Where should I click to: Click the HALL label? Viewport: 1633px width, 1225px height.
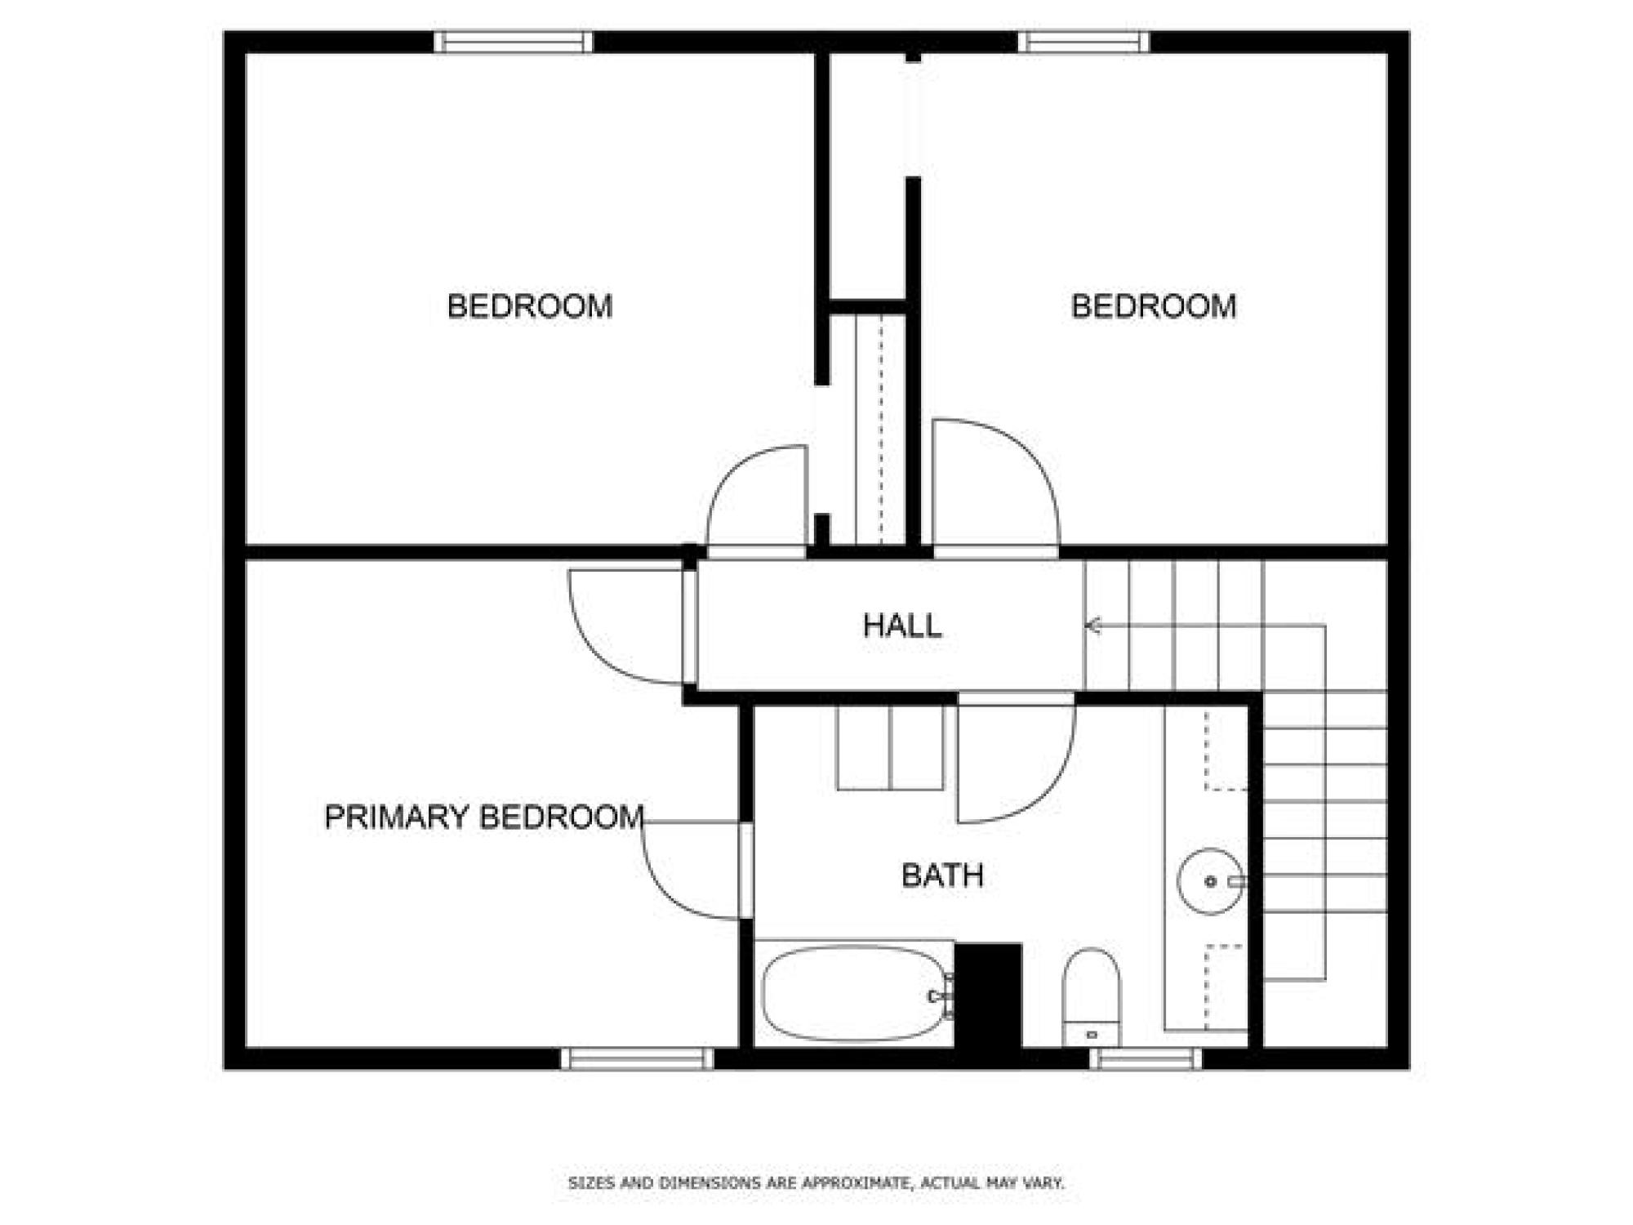(x=902, y=626)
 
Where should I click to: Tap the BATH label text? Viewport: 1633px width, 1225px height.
(x=942, y=875)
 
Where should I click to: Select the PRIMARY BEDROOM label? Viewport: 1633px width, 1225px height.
(x=484, y=817)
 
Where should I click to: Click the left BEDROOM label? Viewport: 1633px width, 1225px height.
(x=530, y=306)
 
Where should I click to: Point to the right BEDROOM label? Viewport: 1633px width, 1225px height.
(x=1154, y=306)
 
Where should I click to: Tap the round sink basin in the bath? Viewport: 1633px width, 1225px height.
(x=1211, y=881)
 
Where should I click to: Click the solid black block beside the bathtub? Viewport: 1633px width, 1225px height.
(x=988, y=996)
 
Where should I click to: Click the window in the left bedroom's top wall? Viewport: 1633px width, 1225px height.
(x=514, y=42)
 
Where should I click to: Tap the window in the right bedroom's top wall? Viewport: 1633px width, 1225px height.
(x=1083, y=42)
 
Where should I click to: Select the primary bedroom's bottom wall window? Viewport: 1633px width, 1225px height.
(x=638, y=1059)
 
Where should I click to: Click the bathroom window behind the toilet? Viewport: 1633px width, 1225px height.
(x=1146, y=1059)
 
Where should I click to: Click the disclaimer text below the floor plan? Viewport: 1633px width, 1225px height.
(x=816, y=1183)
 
